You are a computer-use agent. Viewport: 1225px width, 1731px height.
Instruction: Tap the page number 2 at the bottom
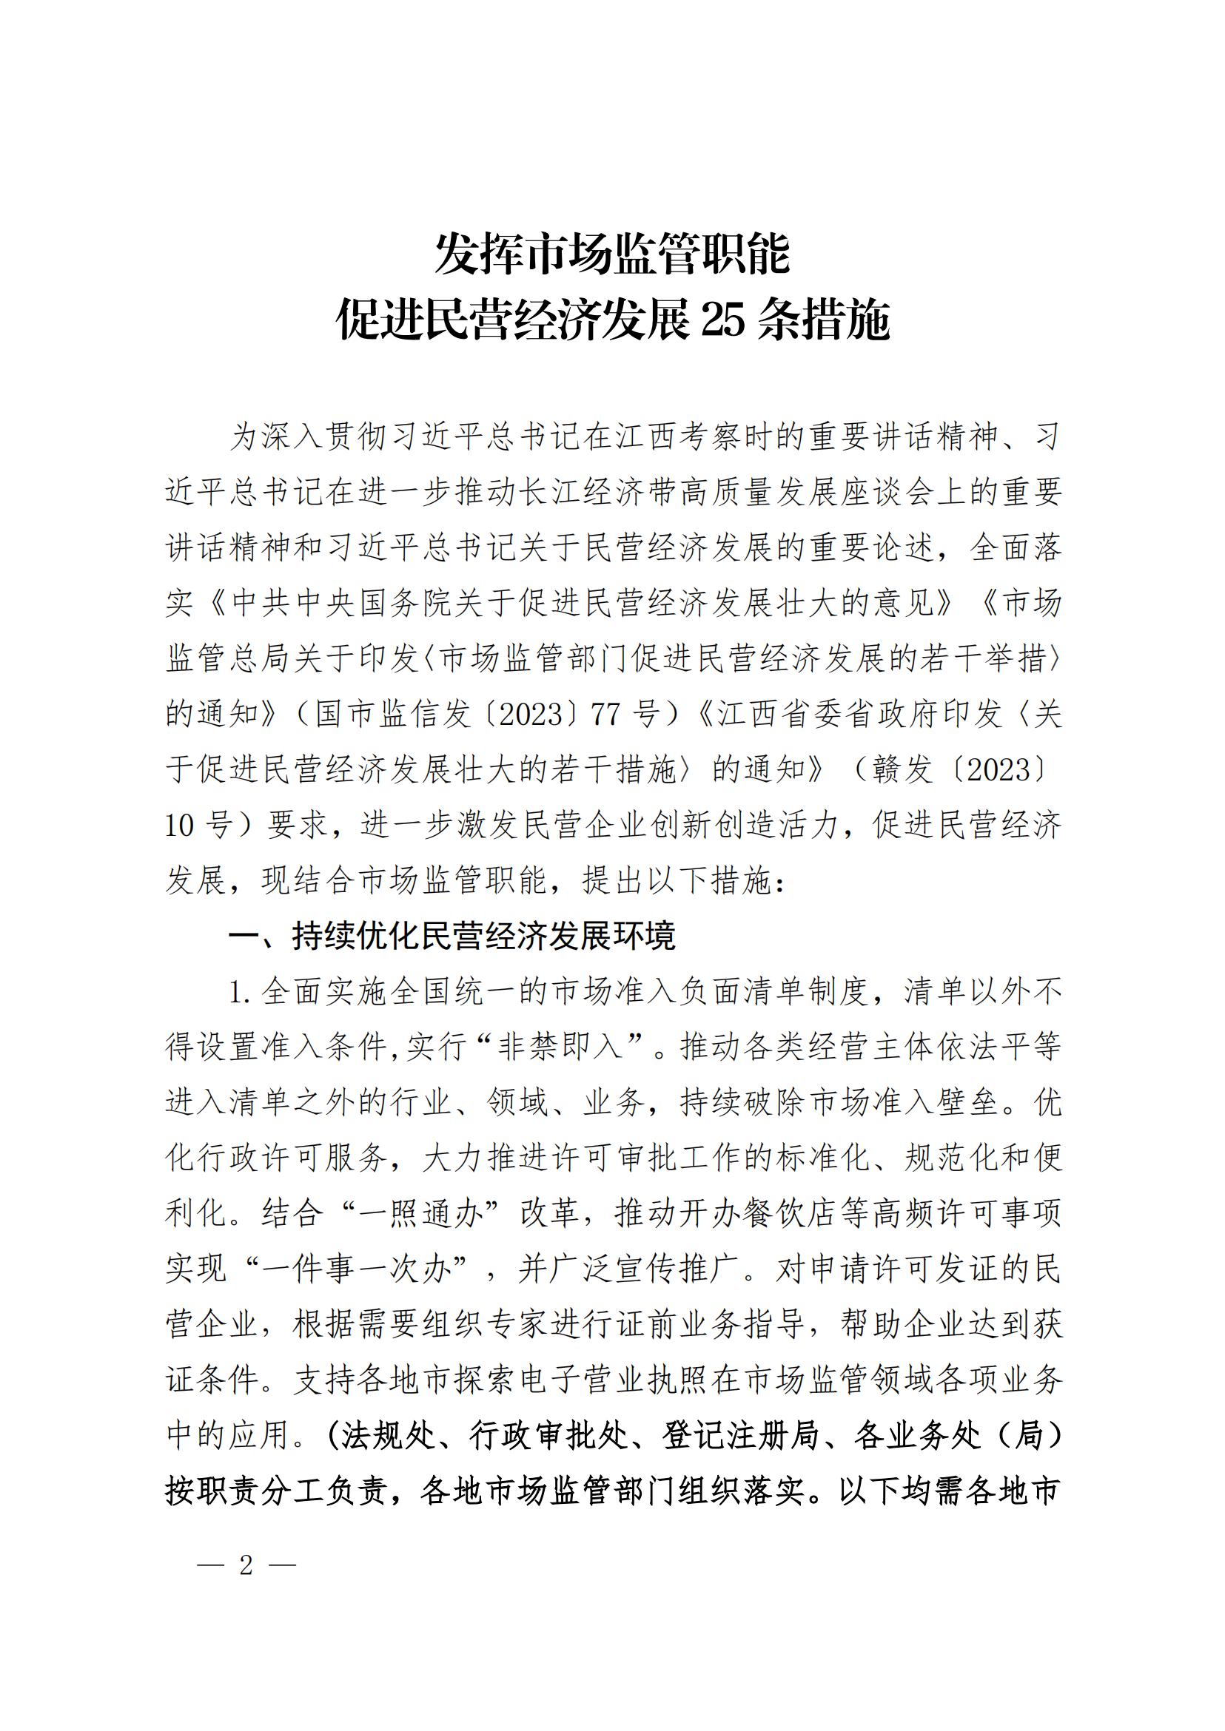point(246,1567)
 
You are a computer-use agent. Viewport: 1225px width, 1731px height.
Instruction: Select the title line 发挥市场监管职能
point(613,254)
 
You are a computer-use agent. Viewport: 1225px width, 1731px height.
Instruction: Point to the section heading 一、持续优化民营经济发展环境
point(452,937)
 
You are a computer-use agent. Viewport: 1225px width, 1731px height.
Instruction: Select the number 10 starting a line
point(180,826)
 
